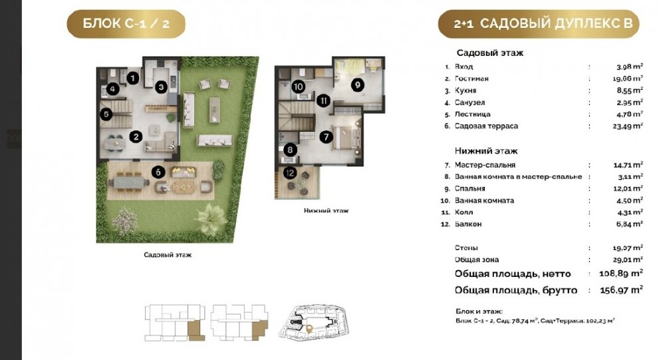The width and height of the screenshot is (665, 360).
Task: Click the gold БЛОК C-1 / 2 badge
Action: coord(126,24)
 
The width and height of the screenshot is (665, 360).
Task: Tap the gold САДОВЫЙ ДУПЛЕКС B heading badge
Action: coord(539,24)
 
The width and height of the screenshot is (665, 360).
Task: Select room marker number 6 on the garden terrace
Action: coord(158,172)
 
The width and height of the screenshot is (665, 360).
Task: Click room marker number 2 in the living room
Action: coord(136,136)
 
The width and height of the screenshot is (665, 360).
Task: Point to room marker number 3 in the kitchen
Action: coord(161,87)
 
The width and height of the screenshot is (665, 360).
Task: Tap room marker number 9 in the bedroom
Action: coord(358,85)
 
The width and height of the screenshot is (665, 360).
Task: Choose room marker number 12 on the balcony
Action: coord(290,173)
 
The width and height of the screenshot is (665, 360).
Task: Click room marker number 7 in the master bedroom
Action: coord(326,136)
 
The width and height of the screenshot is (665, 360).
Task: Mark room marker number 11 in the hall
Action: coord(323,100)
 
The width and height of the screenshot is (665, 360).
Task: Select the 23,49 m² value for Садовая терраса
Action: coord(628,126)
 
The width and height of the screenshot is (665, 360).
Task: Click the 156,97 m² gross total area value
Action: coord(621,290)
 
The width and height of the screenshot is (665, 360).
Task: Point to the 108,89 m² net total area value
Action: coord(621,273)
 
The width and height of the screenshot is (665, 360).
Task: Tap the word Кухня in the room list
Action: coord(465,90)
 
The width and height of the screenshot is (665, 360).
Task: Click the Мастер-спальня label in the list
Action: coord(485,165)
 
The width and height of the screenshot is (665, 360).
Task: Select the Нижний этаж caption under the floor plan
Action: coord(326,210)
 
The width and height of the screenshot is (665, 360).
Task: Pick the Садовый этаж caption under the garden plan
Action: coord(168,255)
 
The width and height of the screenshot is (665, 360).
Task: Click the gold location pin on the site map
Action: coord(310,328)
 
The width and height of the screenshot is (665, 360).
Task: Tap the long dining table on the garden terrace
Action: coord(128,182)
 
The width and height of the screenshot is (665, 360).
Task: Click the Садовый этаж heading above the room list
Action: coord(490,53)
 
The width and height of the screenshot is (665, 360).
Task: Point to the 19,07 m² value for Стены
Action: coord(628,248)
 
